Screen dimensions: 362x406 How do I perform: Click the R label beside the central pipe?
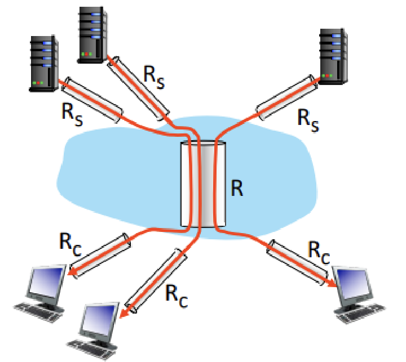pos(237,189)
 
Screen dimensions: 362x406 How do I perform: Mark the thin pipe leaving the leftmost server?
pos(94,99)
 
